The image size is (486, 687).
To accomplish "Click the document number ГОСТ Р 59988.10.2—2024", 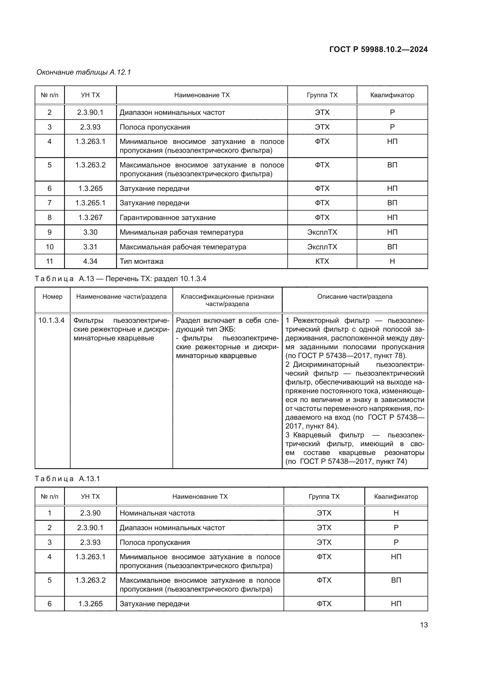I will [378, 49].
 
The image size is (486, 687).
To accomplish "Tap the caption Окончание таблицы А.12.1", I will [84, 72].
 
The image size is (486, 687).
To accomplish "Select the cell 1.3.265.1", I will [90, 203].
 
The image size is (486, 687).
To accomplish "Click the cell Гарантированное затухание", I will [167, 218].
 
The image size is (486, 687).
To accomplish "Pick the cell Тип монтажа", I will [142, 261].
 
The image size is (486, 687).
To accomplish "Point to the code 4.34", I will [90, 261].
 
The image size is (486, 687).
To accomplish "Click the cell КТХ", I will [322, 261].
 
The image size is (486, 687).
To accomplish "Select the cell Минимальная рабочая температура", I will [181, 232].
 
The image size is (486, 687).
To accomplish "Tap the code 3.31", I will [90, 247].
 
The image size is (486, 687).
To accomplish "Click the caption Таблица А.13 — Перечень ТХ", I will [120, 278].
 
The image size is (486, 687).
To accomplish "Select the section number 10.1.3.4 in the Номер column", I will [51, 320].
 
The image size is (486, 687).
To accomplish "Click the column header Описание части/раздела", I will [355, 297].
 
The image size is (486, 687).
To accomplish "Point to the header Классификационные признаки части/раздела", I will [227, 300].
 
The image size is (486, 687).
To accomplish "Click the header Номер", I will [52, 297].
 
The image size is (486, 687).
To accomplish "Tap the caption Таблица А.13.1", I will [67, 478].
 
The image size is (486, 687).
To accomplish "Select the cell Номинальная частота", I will [157, 513].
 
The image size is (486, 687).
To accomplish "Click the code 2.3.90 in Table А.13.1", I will [90, 513].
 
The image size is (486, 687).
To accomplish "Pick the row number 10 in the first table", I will [49, 247].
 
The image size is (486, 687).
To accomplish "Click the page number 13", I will [424, 625].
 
